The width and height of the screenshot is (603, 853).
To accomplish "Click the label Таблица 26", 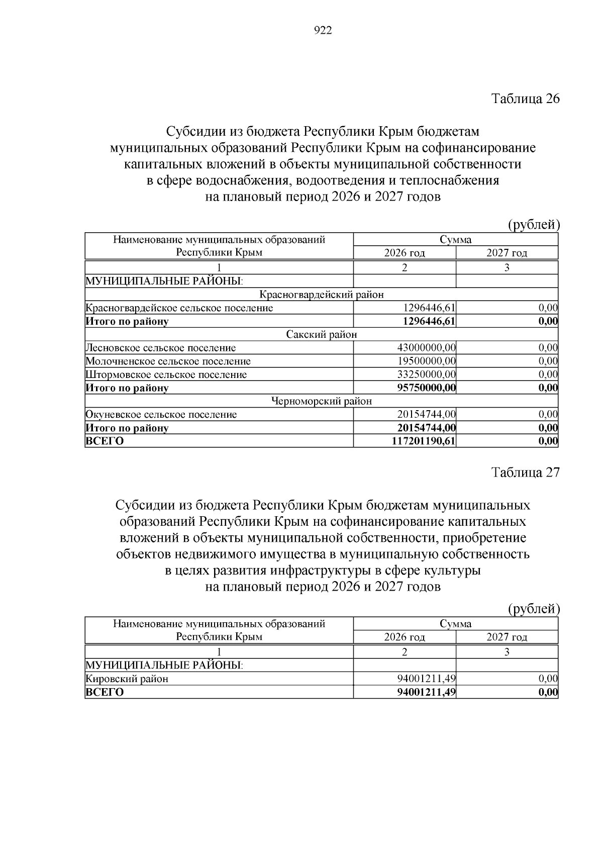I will (x=525, y=98).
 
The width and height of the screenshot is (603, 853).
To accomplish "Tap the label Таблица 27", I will (x=525, y=472).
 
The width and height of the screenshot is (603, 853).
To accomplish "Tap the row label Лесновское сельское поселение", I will (x=161, y=348).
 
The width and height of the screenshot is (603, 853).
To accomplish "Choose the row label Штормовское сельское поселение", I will (x=166, y=374).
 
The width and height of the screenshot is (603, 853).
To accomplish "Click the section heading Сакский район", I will (x=322, y=334).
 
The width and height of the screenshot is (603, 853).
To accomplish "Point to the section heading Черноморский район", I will (x=322, y=401).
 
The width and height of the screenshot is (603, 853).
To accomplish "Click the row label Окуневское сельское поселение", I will (x=161, y=415).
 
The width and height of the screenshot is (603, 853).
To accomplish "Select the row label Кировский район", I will (x=127, y=679).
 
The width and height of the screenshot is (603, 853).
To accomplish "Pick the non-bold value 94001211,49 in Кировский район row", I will (x=426, y=679).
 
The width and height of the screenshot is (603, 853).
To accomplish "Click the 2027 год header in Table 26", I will (x=507, y=253).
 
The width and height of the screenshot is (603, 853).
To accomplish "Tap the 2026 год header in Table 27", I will (x=405, y=637).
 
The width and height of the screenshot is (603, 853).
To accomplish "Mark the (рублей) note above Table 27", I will (x=533, y=609).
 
